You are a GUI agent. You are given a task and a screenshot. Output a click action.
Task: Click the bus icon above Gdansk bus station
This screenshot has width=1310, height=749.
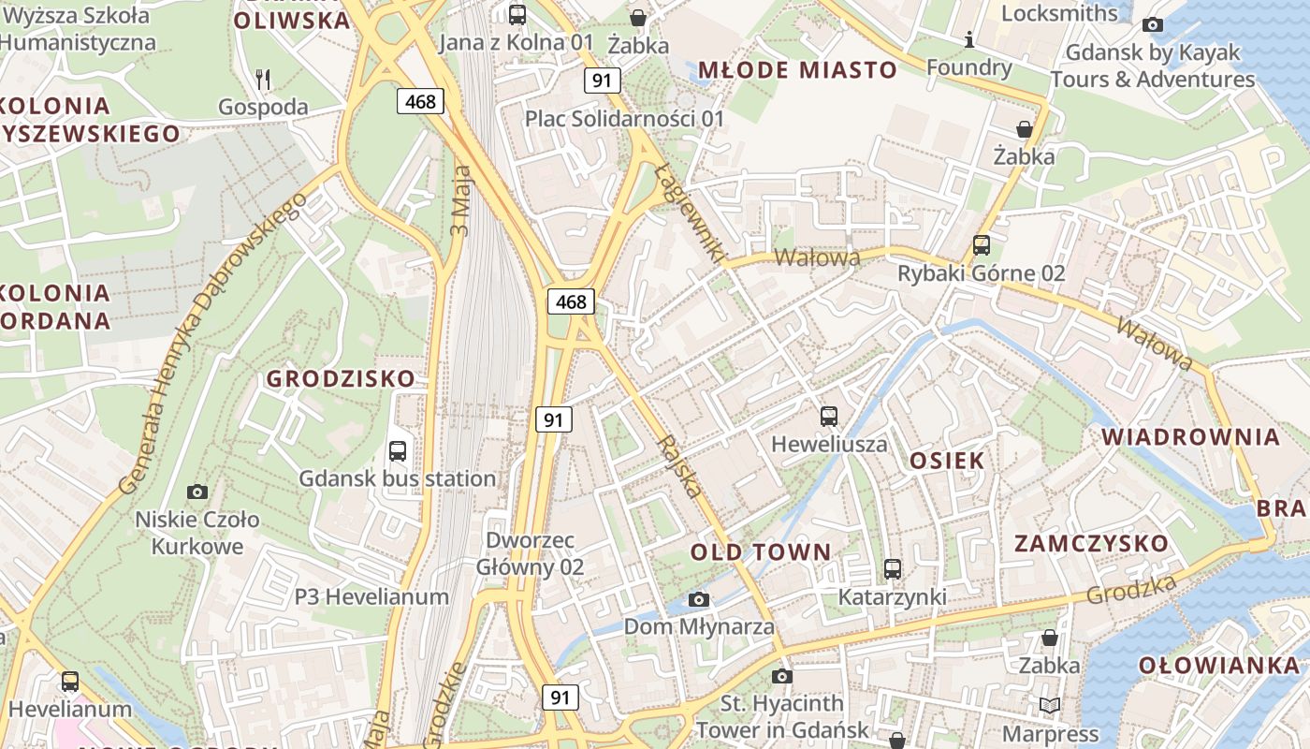coord(398,451)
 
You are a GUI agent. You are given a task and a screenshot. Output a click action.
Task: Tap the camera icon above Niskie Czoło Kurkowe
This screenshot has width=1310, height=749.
coord(197,492)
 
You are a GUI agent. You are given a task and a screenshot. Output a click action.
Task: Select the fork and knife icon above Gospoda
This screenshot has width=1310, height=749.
coord(263,80)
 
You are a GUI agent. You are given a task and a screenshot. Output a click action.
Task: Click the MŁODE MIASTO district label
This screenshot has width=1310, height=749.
coord(798,69)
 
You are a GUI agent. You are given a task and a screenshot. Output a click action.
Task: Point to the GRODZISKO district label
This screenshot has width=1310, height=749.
coord(341,379)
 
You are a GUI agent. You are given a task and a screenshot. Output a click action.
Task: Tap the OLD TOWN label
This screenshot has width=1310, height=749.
coord(761,552)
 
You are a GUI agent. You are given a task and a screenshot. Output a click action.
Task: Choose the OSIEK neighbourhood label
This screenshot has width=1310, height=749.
coord(947,461)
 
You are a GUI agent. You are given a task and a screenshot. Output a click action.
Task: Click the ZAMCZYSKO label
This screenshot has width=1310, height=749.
coord(1091,544)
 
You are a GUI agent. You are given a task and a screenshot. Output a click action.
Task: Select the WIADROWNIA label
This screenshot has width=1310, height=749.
coord(1190,437)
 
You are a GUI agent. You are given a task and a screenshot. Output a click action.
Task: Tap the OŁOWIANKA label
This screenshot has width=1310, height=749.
coord(1219,666)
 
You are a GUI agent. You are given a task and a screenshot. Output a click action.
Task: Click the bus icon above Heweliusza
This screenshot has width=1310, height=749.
coord(829,417)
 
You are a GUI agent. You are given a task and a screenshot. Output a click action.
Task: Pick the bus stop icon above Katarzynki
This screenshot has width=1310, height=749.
coord(893,569)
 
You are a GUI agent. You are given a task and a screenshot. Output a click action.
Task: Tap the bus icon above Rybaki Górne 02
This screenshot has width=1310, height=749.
coord(982,245)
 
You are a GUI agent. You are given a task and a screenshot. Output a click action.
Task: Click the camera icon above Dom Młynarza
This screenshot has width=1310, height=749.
coord(699,599)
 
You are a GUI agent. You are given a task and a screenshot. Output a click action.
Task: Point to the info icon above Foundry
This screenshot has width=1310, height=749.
coord(969,39)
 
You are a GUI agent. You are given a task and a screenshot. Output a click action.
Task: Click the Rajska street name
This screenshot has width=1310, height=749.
coord(680,466)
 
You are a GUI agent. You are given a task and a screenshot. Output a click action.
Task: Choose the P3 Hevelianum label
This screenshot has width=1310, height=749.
coord(371,596)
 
